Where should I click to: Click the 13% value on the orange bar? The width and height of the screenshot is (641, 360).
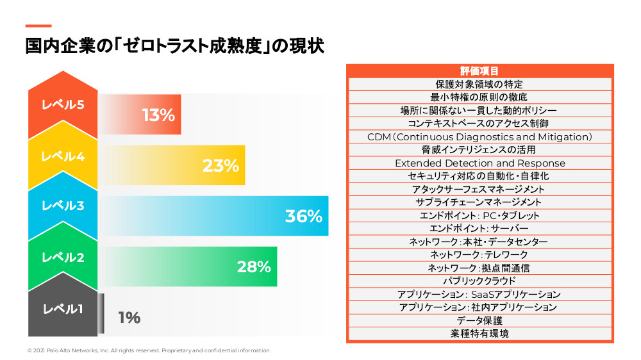pyautogui.click(x=158, y=115)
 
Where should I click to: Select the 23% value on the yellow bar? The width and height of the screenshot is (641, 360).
pyautogui.click(x=221, y=166)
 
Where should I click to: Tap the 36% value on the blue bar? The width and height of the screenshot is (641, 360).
pyautogui.click(x=303, y=217)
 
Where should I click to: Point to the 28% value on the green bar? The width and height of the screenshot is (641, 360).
pyautogui.click(x=254, y=267)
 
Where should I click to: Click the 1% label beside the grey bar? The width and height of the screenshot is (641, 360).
pyautogui.click(x=129, y=318)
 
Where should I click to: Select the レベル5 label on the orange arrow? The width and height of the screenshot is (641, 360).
pyautogui.click(x=63, y=105)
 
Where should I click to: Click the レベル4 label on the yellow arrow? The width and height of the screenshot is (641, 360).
pyautogui.click(x=63, y=156)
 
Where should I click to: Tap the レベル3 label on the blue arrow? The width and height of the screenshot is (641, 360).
pyautogui.click(x=63, y=206)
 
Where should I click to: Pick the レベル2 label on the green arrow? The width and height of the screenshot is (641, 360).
pyautogui.click(x=63, y=258)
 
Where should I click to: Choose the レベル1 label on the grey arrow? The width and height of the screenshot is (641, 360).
pyautogui.click(x=63, y=309)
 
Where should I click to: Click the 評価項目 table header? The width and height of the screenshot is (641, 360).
pyautogui.click(x=479, y=71)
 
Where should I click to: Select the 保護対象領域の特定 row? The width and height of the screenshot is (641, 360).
pyautogui.click(x=479, y=84)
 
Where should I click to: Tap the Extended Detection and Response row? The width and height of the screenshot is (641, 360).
pyautogui.click(x=479, y=163)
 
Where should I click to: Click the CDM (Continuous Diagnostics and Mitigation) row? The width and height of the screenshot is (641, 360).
pyautogui.click(x=479, y=136)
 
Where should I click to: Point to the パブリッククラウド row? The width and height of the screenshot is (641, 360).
pyautogui.click(x=479, y=281)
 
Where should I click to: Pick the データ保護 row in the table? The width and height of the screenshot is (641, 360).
pyautogui.click(x=479, y=320)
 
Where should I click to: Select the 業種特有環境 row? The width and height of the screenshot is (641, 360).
pyautogui.click(x=479, y=333)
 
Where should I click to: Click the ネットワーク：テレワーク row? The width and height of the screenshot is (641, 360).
pyautogui.click(x=479, y=254)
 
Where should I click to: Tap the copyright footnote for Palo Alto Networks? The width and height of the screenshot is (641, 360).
pyautogui.click(x=149, y=350)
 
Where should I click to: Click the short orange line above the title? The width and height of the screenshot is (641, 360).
pyautogui.click(x=38, y=26)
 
